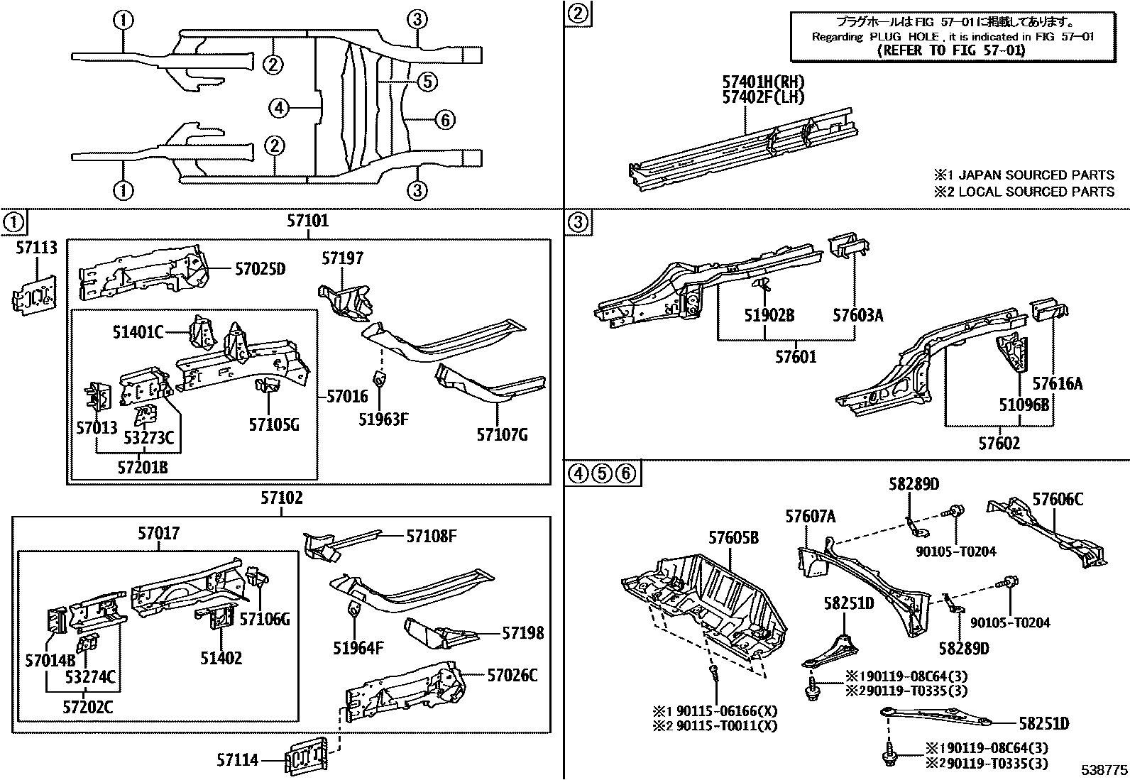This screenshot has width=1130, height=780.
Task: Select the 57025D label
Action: click(x=260, y=268)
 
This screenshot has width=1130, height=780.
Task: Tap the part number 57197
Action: click(x=342, y=258)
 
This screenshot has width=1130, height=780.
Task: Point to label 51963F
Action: click(x=383, y=419)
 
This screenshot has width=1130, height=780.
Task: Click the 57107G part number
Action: click(x=502, y=434)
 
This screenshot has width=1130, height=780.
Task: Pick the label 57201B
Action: click(x=143, y=467)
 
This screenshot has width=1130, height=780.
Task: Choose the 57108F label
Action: click(x=431, y=536)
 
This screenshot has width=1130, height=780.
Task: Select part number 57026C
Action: click(x=512, y=674)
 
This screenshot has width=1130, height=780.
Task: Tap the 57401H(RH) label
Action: click(x=763, y=82)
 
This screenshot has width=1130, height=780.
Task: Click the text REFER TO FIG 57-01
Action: click(x=951, y=50)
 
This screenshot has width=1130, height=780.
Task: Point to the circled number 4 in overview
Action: click(x=279, y=108)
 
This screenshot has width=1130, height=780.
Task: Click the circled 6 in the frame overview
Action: click(x=444, y=120)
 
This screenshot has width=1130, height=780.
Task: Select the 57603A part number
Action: click(x=857, y=315)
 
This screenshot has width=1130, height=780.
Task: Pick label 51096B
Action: click(x=1024, y=405)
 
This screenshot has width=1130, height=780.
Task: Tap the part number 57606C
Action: click(x=1058, y=499)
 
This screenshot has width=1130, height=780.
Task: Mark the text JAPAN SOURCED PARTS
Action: click(x=1036, y=175)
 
